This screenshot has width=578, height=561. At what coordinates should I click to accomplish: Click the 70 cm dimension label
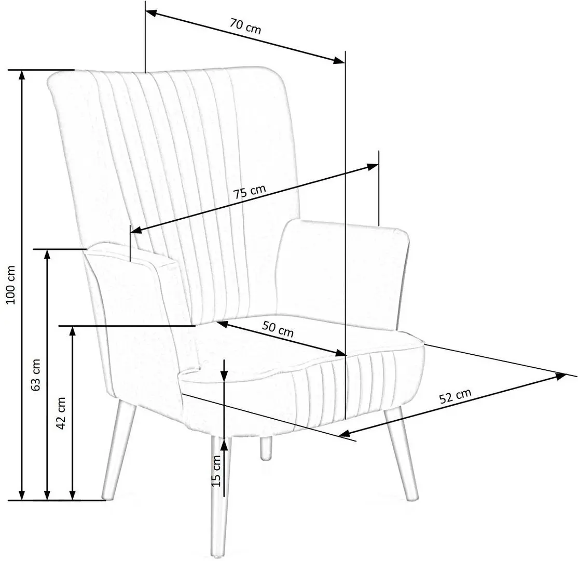pos(246,27)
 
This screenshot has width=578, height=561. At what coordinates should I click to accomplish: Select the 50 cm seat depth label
pos(278,330)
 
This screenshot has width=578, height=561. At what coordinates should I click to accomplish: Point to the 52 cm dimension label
pos(455,396)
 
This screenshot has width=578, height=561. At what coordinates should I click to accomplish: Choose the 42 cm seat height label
pos(61,413)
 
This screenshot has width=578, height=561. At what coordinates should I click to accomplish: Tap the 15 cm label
pos(216,470)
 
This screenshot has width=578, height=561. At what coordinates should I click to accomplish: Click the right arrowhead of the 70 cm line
pos(339,60)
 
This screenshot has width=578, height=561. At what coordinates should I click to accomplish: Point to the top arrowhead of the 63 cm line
pos(48,255)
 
